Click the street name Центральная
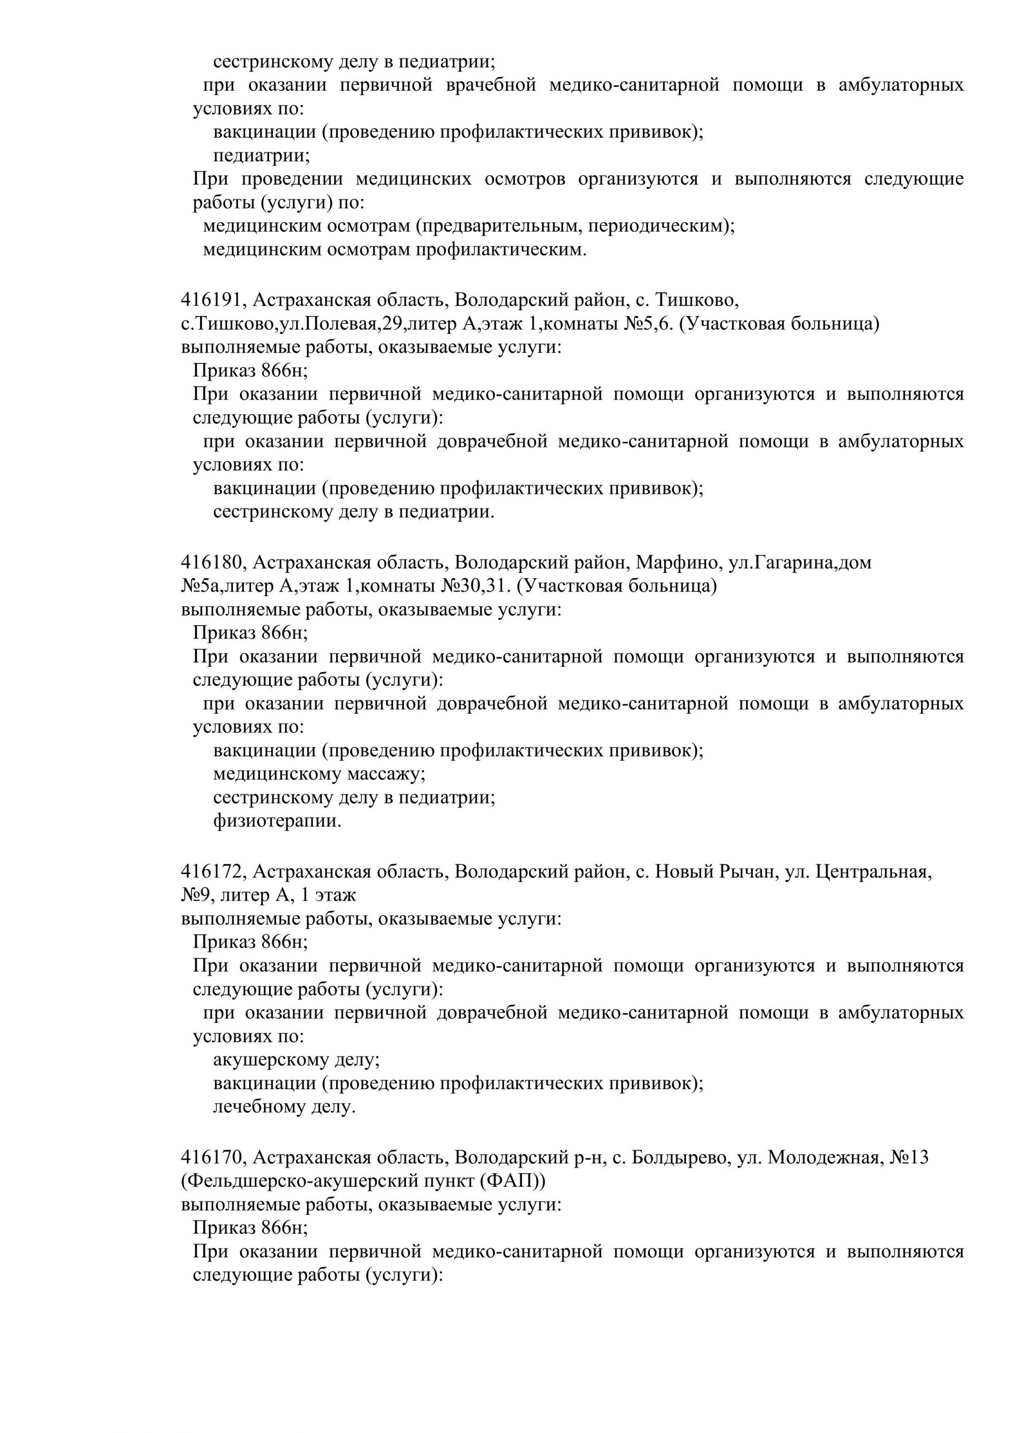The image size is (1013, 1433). pyautogui.click(x=874, y=872)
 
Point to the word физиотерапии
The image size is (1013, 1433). pyautogui.click(x=277, y=821)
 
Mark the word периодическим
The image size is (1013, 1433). pyautogui.click(x=662, y=226)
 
